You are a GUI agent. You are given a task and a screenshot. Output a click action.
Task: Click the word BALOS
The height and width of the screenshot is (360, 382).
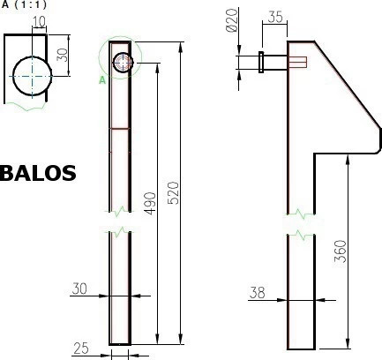pyautogui.click(x=38, y=172)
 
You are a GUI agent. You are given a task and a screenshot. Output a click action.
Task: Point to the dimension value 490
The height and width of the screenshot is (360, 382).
pyautogui.click(x=150, y=203)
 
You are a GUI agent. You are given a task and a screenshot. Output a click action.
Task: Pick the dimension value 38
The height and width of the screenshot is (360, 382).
pyautogui.click(x=258, y=292)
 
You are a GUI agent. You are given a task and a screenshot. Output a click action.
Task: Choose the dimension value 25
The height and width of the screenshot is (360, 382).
pyautogui.click(x=81, y=349)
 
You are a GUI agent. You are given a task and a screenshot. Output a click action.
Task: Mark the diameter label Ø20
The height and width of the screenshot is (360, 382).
pyautogui.click(x=232, y=20)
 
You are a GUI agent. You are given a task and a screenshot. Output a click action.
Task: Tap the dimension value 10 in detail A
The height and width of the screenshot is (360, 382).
pyautogui.click(x=39, y=20)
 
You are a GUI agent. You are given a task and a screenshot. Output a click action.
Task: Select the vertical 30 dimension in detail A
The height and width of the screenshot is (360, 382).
pyautogui.click(x=62, y=54)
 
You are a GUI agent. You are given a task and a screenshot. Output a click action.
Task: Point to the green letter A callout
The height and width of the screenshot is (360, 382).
pyautogui.click(x=102, y=80)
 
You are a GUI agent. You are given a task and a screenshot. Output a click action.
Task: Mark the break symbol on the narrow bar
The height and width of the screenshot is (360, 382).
pyautogui.click(x=120, y=221)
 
